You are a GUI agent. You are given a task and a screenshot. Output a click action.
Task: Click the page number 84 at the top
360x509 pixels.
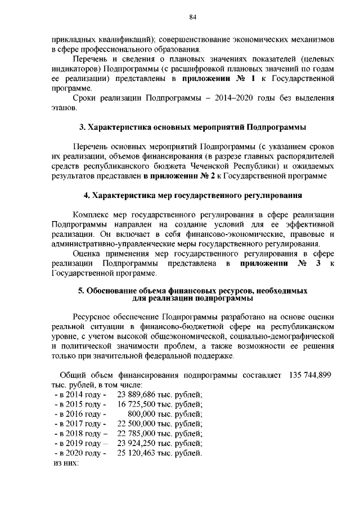pyautogui.click(x=192, y=17)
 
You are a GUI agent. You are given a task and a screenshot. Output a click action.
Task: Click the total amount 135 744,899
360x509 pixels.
pyautogui.click(x=309, y=375)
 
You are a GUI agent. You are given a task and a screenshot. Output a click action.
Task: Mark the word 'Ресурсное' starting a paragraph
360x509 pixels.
pyautogui.click(x=92, y=317)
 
